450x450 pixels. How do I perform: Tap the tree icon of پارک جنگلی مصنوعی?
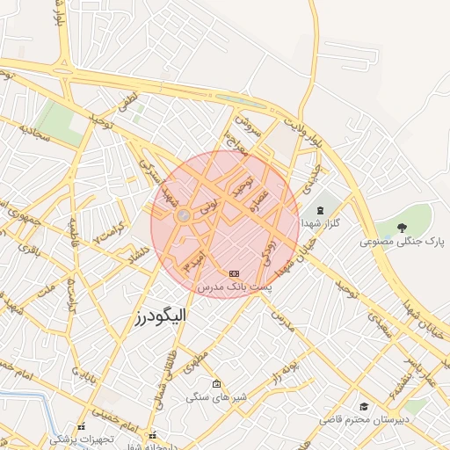pos(402,227)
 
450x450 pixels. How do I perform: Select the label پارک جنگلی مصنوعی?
pos(402,241)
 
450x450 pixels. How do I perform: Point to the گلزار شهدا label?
pos(320,224)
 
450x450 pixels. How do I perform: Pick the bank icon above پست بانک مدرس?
pos(234,273)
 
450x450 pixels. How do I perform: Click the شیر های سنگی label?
pos(216,397)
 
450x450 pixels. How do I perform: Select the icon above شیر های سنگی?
pos(216,383)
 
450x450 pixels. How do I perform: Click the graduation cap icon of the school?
pos(364,406)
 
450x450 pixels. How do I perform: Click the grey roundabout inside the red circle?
pos(184,216)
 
